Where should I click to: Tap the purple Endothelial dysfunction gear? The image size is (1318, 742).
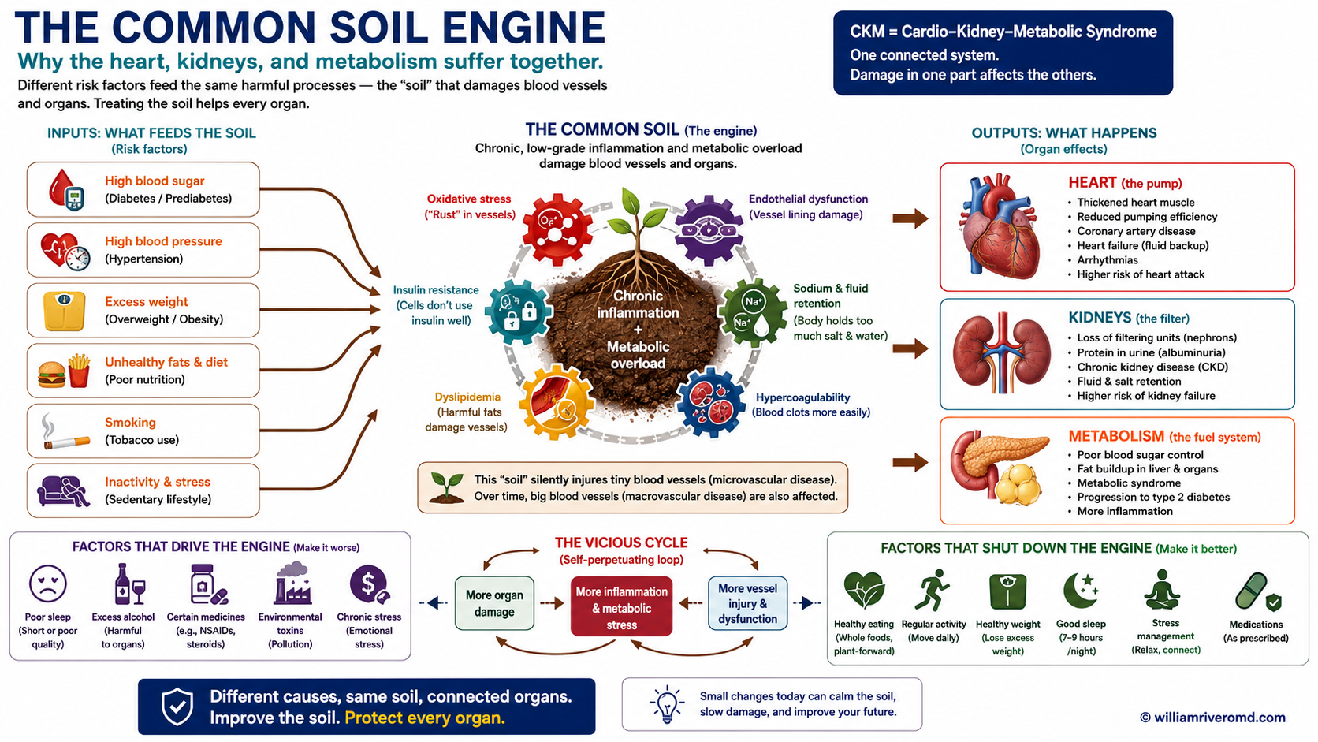point(709,230)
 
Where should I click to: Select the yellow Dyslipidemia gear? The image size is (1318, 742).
point(556,402)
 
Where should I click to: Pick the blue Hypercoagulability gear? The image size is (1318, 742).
point(711,403)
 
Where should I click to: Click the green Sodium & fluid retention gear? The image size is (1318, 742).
point(753,313)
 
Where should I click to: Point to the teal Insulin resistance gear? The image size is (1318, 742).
point(519,312)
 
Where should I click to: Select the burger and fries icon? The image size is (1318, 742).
point(64,371)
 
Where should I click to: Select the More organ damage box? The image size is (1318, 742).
point(494,604)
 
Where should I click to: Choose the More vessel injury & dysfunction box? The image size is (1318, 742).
point(747,604)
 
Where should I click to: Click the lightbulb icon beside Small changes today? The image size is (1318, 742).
point(667,703)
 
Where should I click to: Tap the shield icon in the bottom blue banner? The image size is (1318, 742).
point(177,707)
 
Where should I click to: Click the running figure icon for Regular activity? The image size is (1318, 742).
point(933,590)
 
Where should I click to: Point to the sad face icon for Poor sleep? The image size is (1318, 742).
point(47,584)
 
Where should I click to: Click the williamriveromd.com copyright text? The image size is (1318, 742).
point(1212,718)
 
